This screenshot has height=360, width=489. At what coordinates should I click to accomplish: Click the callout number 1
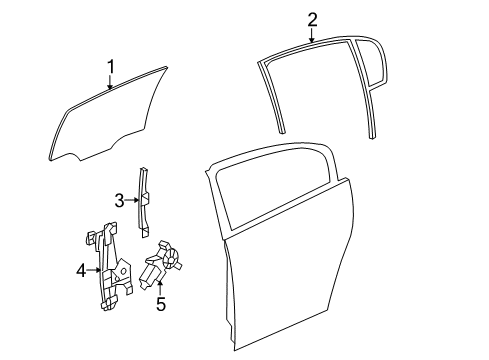tap(111, 67)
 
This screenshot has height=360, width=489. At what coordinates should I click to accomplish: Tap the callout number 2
tap(312, 19)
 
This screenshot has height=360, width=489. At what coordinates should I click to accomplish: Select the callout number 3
tap(119, 201)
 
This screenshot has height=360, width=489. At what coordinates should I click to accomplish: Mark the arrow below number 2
tap(312, 36)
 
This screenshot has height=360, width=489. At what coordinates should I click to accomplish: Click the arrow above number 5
tap(159, 288)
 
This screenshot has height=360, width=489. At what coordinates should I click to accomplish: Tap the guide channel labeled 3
tap(144, 200)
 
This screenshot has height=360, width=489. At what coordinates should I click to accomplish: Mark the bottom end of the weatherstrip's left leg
tap(282, 128)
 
